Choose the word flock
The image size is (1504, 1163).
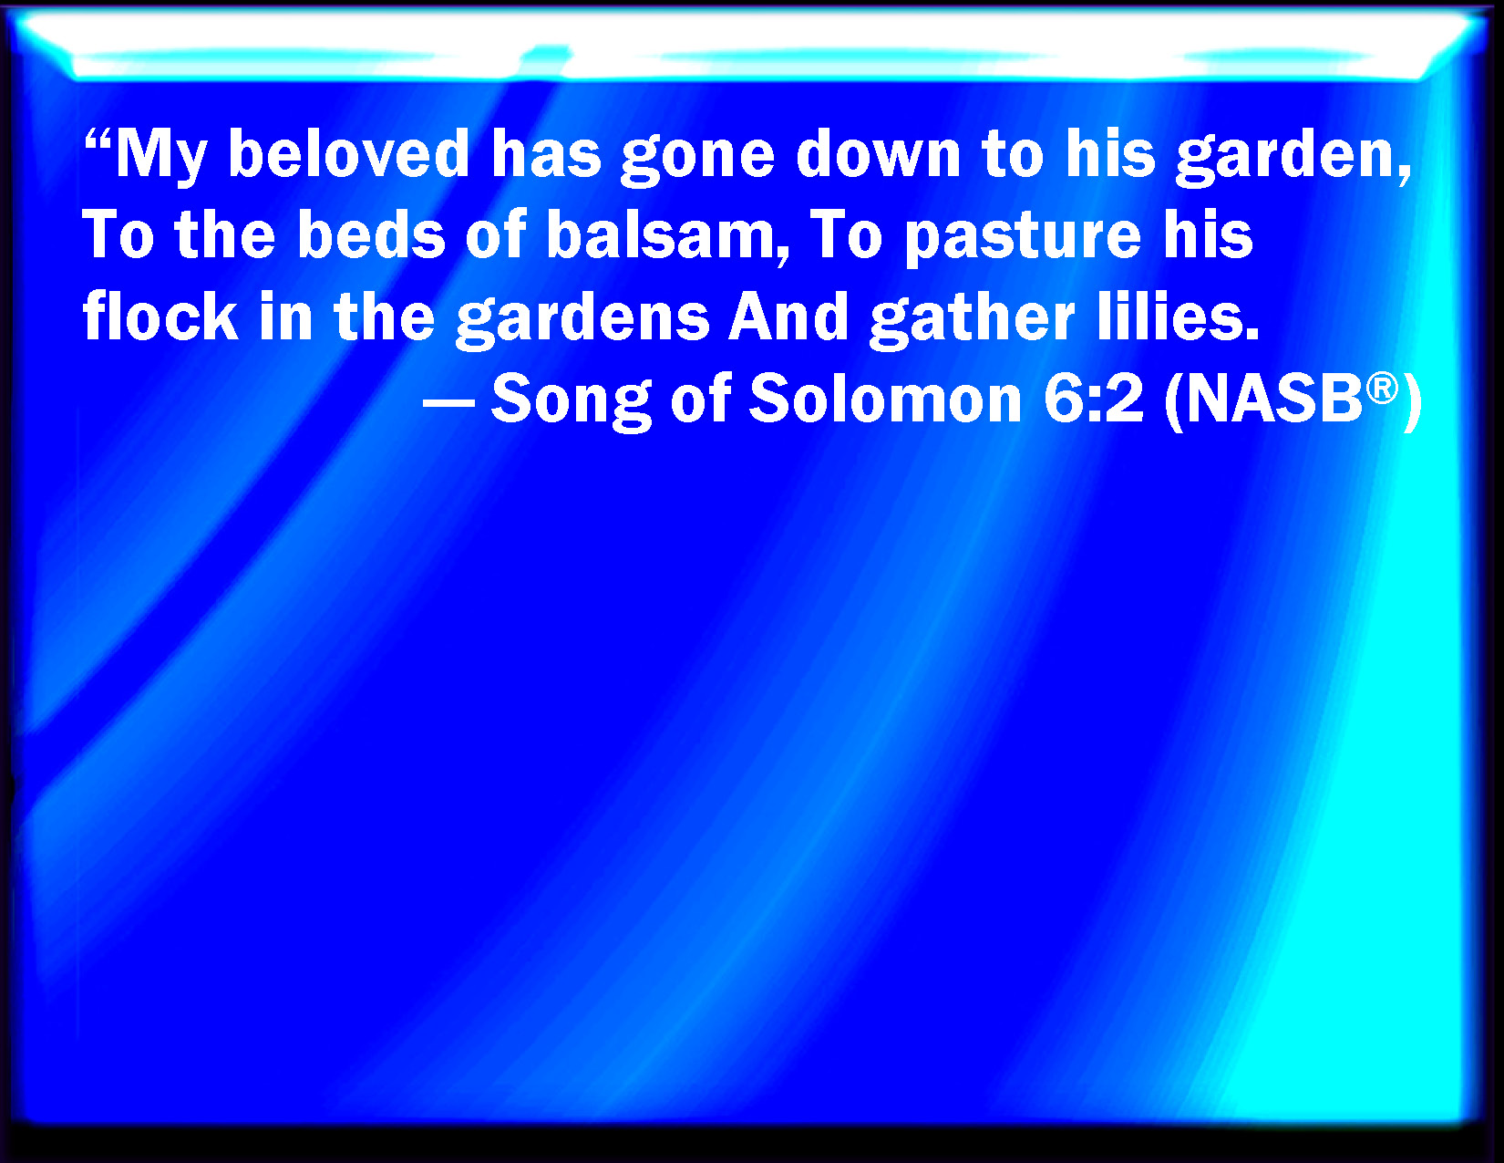click(160, 316)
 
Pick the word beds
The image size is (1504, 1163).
click(371, 234)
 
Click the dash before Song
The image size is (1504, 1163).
click(448, 401)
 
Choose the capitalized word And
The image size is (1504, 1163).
click(789, 316)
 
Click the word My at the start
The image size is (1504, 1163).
click(161, 157)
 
